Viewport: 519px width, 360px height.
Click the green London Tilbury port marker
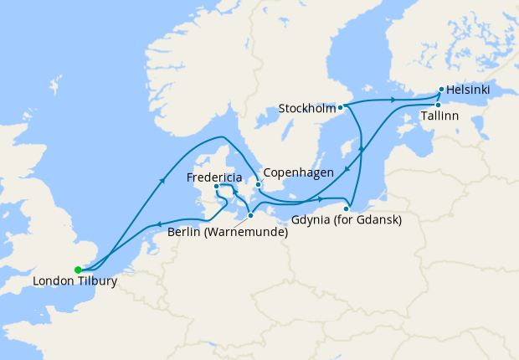(x=78, y=270)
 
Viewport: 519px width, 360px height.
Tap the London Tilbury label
(x=75, y=282)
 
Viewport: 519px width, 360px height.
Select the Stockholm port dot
(x=341, y=108)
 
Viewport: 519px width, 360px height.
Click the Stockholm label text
(x=307, y=108)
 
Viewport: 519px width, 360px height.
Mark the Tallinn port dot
(x=437, y=105)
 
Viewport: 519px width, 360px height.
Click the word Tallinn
(x=439, y=116)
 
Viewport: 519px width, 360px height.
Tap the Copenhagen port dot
(x=258, y=184)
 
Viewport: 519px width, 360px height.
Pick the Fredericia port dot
(x=216, y=187)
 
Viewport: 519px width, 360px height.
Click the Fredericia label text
(x=215, y=177)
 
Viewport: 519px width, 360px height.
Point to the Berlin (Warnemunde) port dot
(x=250, y=215)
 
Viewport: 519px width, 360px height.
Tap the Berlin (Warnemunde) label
(x=228, y=232)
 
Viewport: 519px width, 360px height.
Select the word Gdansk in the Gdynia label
(x=379, y=220)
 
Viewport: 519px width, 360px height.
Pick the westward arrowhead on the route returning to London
(x=157, y=224)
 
